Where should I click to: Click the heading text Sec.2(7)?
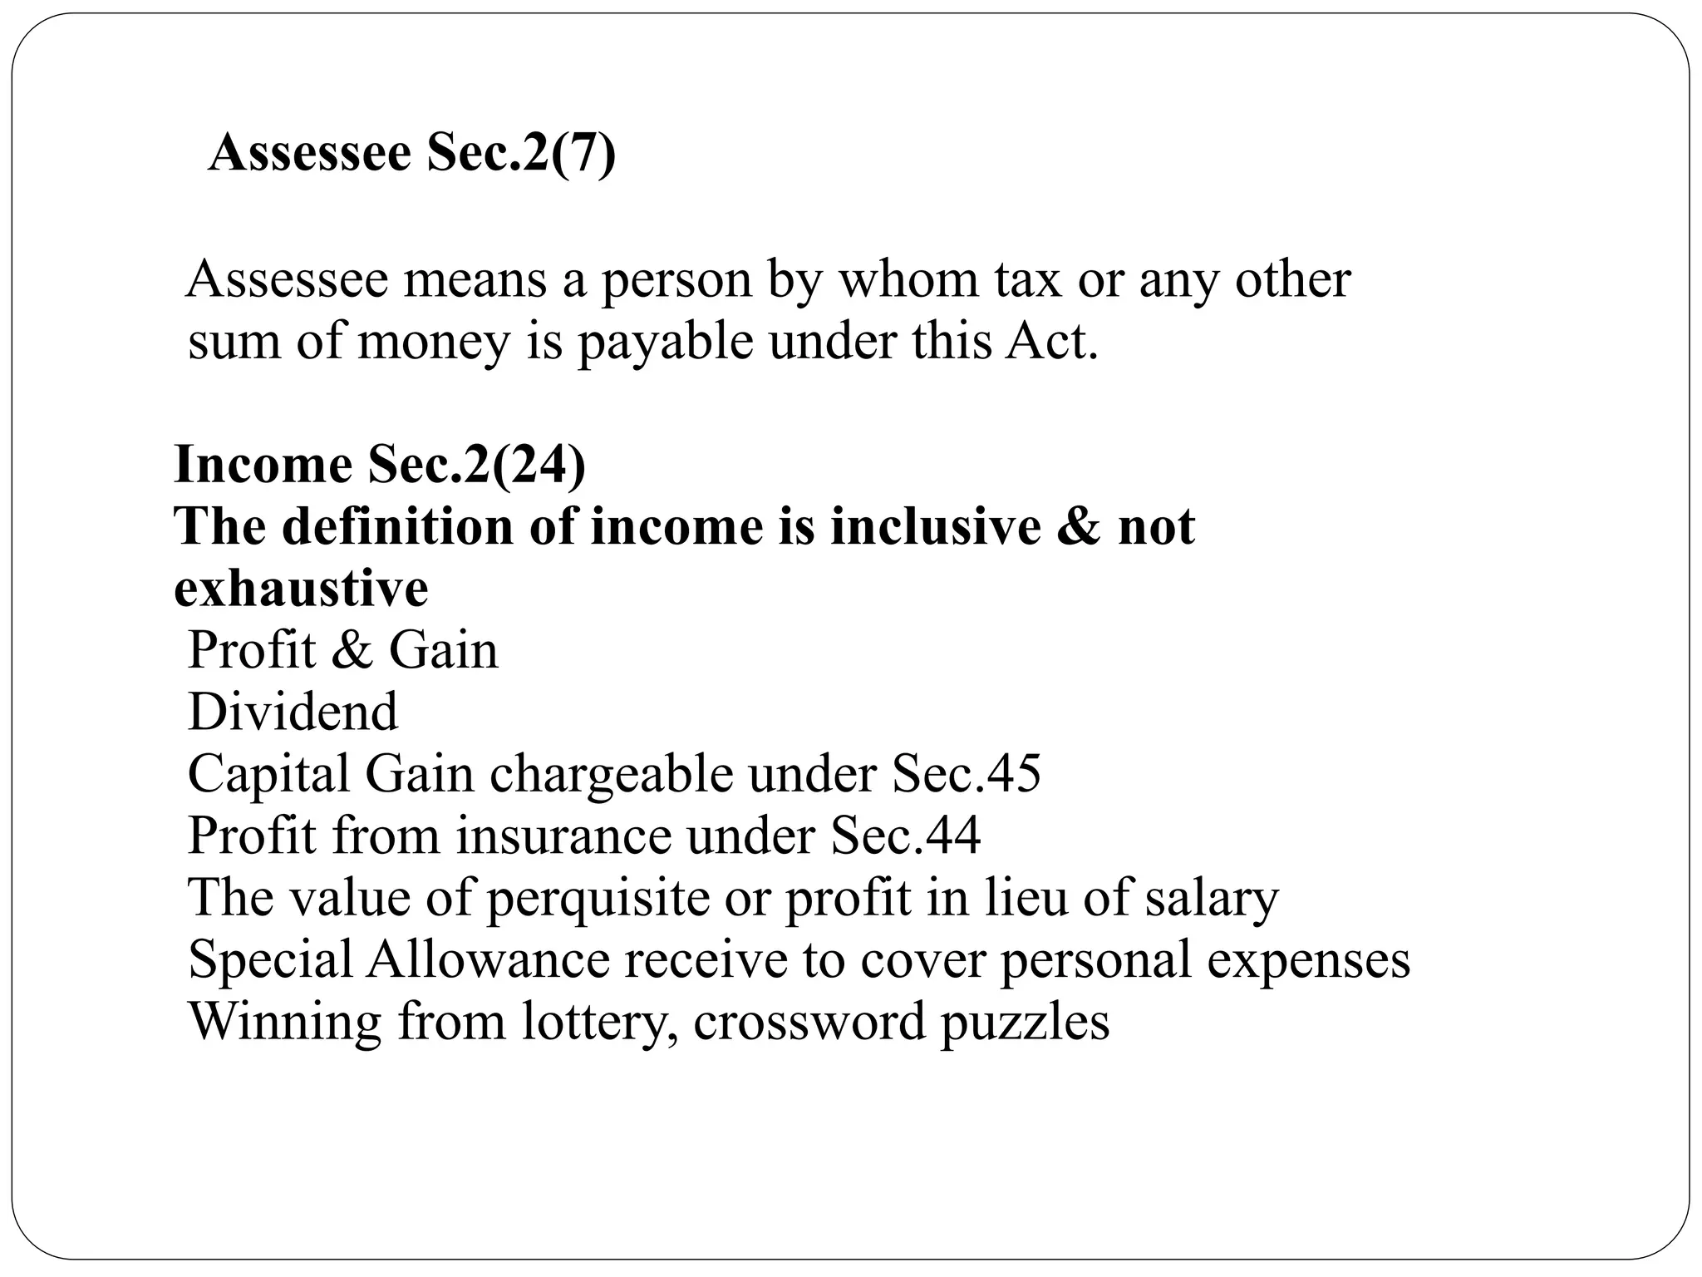(x=521, y=154)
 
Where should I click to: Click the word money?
(x=433, y=342)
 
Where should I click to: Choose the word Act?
(x=1051, y=342)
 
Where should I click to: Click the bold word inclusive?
(x=935, y=527)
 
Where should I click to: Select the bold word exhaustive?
(x=301, y=589)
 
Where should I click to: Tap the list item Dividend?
(x=293, y=712)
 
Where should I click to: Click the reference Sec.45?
(x=966, y=774)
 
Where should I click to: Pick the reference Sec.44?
(x=905, y=836)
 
